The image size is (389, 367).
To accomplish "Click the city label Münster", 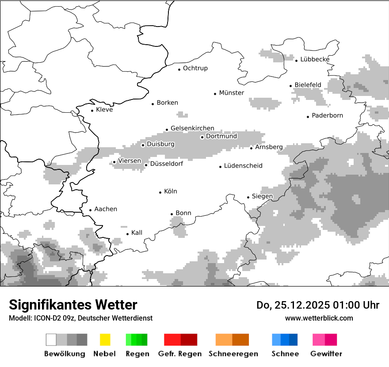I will click(x=231, y=93).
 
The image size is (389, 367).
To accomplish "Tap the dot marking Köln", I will click(x=160, y=192).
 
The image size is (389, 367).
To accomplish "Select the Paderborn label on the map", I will click(x=327, y=116).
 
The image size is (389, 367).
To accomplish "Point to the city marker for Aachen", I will click(x=90, y=210).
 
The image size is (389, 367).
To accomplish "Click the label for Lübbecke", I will click(x=315, y=60).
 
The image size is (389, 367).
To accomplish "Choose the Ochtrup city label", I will click(x=195, y=69).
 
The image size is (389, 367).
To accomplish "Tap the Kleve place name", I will click(x=104, y=110).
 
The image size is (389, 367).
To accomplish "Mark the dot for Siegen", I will click(x=248, y=197).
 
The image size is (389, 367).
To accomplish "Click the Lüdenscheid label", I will click(x=243, y=166).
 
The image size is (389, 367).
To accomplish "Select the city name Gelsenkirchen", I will click(x=192, y=129).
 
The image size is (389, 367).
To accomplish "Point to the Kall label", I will click(x=137, y=233).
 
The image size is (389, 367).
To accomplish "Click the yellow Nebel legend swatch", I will click(x=105, y=340).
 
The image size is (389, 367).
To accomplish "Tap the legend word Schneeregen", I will click(x=233, y=354).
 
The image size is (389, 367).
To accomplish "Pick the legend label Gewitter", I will click(x=326, y=354).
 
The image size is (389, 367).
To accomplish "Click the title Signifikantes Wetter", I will click(x=73, y=305).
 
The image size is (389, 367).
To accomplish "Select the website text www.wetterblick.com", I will click(x=319, y=318).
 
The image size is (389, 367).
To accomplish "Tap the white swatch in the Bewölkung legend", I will click(x=51, y=340).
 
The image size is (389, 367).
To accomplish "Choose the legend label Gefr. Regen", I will click(x=180, y=354).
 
